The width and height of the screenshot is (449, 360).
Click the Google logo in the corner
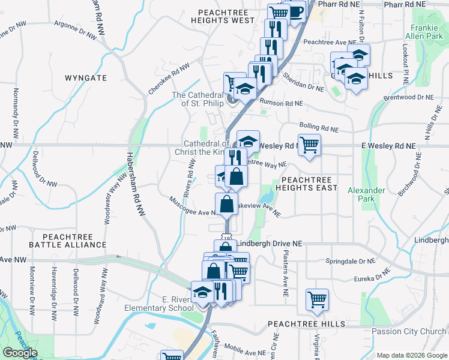click(x=20, y=352)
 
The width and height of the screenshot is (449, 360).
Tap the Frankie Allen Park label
click(x=427, y=32)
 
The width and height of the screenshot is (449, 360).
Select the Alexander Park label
click(x=366, y=194)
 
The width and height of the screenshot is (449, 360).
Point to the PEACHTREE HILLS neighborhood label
click(x=307, y=324)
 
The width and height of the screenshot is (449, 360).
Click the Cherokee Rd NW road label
click(x=168, y=78)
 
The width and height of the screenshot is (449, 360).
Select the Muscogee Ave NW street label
click(x=192, y=206)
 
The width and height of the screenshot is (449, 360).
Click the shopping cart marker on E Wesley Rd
click(x=309, y=145)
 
